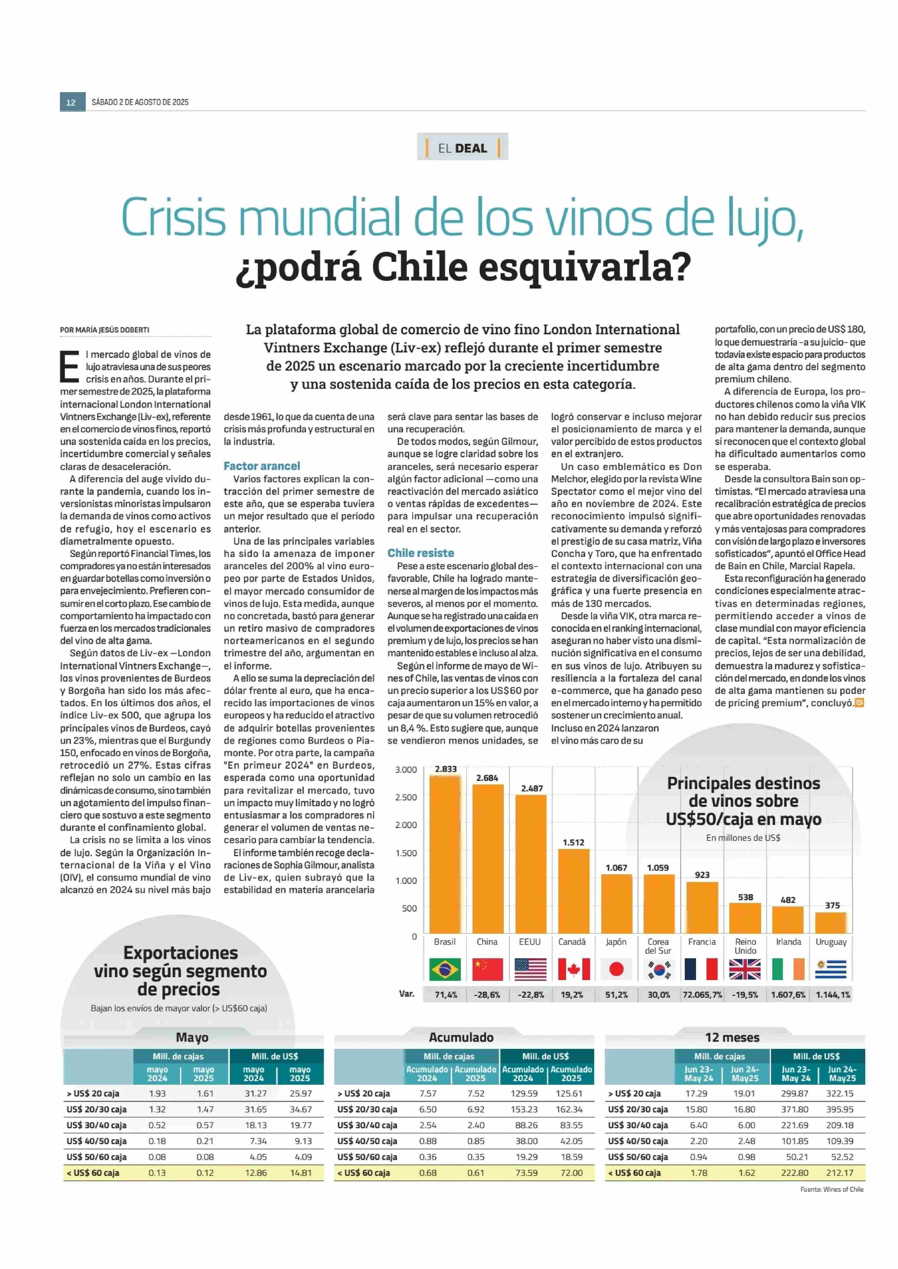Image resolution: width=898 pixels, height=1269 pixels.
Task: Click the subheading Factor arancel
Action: pyautogui.click(x=262, y=466)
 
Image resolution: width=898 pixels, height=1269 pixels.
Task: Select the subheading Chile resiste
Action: pyautogui.click(x=421, y=553)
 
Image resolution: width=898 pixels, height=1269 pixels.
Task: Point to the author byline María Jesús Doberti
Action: pyautogui.click(x=104, y=330)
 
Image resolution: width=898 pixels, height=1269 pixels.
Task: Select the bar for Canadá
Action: pyautogui.click(x=573, y=891)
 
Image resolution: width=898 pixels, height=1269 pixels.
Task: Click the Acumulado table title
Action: pyautogui.click(x=461, y=1037)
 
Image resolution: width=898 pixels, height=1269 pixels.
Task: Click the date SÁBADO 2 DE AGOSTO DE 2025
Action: pyautogui.click(x=140, y=102)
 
